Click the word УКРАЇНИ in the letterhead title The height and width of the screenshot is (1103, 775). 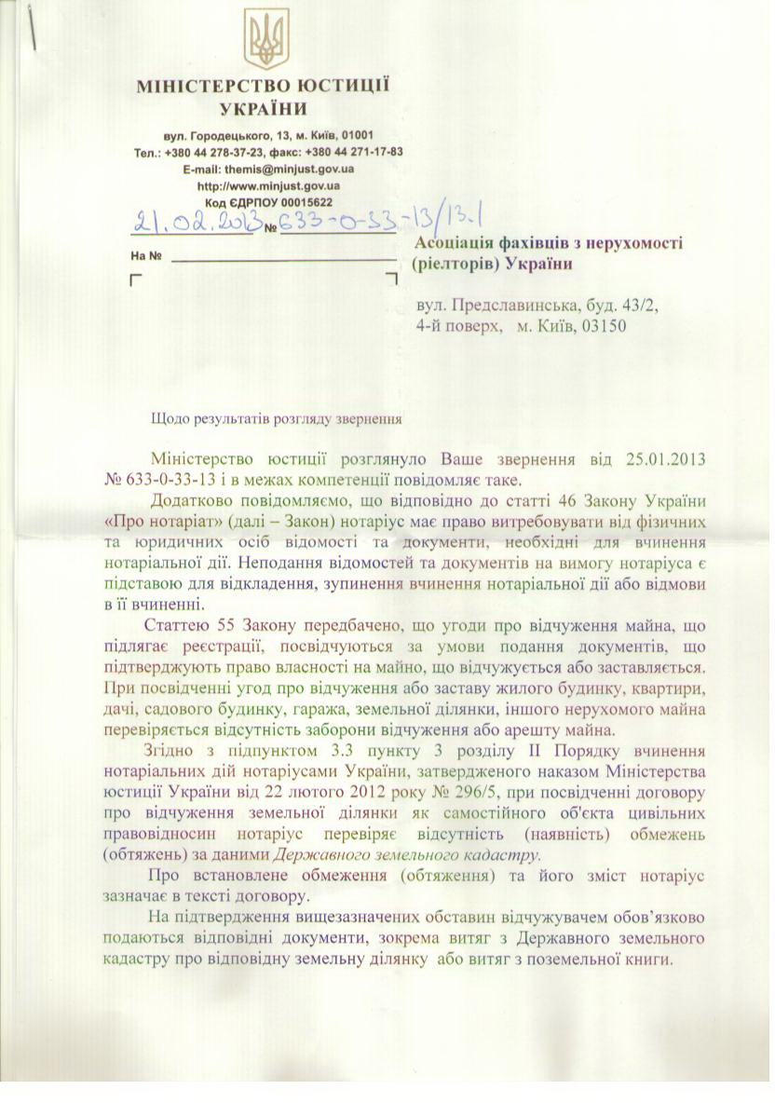click(x=265, y=109)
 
